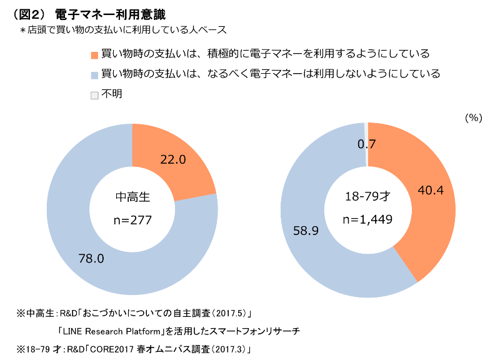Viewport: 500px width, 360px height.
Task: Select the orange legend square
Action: click(x=94, y=55)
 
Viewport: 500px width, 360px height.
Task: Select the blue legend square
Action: click(x=94, y=75)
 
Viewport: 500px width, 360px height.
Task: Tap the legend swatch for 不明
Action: click(x=94, y=95)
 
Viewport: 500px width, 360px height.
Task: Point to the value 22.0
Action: click(x=173, y=159)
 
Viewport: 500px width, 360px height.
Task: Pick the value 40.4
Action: click(x=430, y=190)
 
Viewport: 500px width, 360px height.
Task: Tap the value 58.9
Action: click(x=306, y=231)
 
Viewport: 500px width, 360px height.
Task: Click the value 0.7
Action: click(x=366, y=144)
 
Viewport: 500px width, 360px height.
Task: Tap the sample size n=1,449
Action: click(x=368, y=219)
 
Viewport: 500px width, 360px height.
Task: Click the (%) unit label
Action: click(x=473, y=117)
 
